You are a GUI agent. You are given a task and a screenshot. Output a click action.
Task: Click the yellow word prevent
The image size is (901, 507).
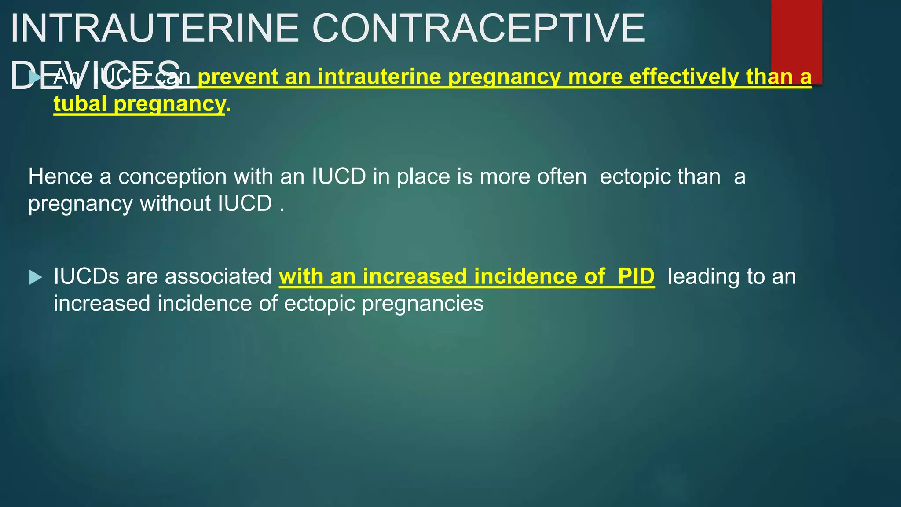pyautogui.click(x=238, y=77)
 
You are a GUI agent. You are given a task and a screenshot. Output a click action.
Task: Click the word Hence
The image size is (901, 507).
pyautogui.click(x=60, y=176)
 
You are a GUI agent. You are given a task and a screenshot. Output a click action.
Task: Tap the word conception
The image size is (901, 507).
pyautogui.click(x=172, y=176)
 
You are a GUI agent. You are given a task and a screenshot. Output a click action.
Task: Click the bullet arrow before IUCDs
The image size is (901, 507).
pyautogui.click(x=36, y=277)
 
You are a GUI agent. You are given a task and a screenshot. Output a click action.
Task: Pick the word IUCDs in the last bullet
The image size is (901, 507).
pyautogui.click(x=86, y=276)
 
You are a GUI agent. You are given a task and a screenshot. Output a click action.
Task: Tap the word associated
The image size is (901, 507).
pyautogui.click(x=218, y=276)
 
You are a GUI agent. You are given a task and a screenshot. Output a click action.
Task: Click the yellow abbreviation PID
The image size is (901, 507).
pyautogui.click(x=636, y=276)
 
